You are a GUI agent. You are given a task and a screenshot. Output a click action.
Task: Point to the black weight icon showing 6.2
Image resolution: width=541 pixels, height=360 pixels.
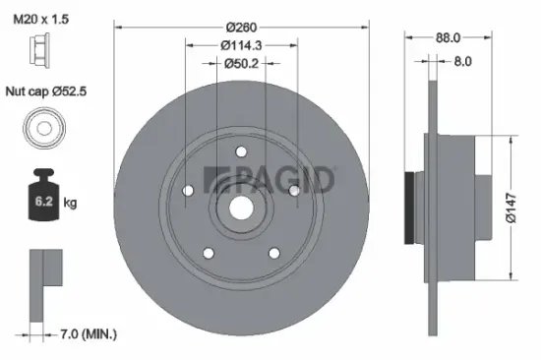tap(42, 200)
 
